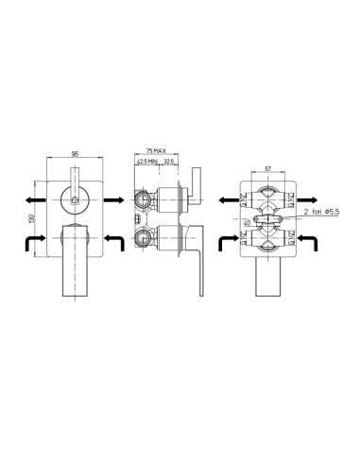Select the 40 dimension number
(x=249, y=223)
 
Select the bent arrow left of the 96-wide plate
(x=33, y=244)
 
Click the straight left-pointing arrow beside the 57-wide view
(x=228, y=200)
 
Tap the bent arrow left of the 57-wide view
(x=229, y=244)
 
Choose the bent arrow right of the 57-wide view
(x=308, y=244)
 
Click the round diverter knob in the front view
(x=73, y=199)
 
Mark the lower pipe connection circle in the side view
(x=143, y=238)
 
